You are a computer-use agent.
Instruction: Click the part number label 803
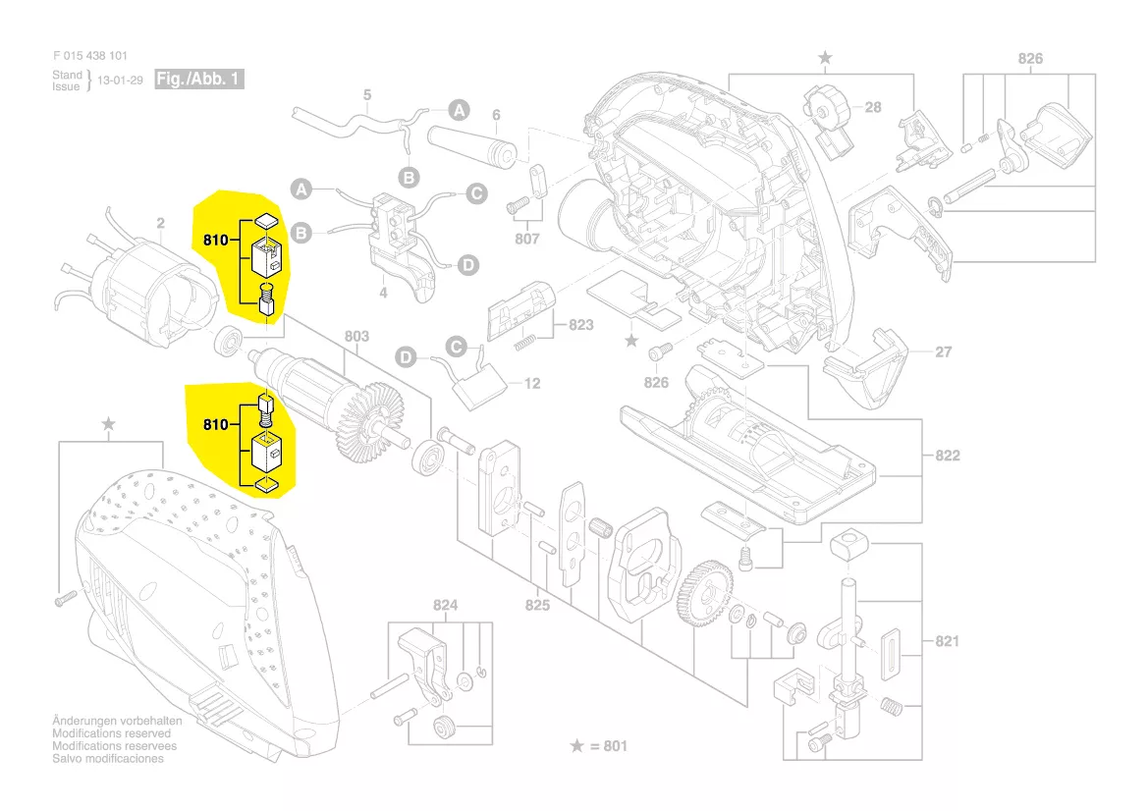coord(356,337)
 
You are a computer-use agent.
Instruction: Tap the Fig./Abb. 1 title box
coord(199,79)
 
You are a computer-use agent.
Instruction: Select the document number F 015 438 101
coord(89,56)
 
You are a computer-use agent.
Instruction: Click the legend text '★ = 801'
coord(599,746)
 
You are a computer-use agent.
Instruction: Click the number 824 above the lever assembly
coord(446,606)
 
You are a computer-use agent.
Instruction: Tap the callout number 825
coord(537,605)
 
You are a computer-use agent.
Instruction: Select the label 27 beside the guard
coord(944,351)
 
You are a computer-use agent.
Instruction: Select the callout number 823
coord(581,324)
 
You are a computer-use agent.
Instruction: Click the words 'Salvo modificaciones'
coord(108,759)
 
